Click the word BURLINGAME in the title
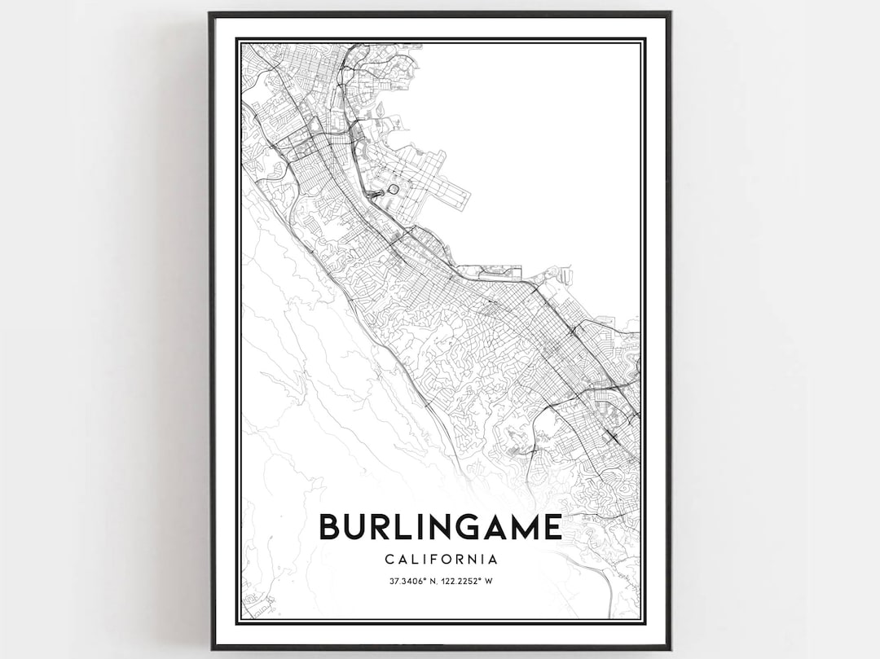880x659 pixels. [x=440, y=527]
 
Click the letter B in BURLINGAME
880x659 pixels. [x=330, y=527]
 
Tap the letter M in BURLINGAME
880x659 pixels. [x=522, y=527]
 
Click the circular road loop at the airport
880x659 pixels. [x=393, y=189]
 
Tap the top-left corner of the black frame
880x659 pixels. [x=210, y=14]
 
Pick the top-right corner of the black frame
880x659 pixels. [x=669, y=14]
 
